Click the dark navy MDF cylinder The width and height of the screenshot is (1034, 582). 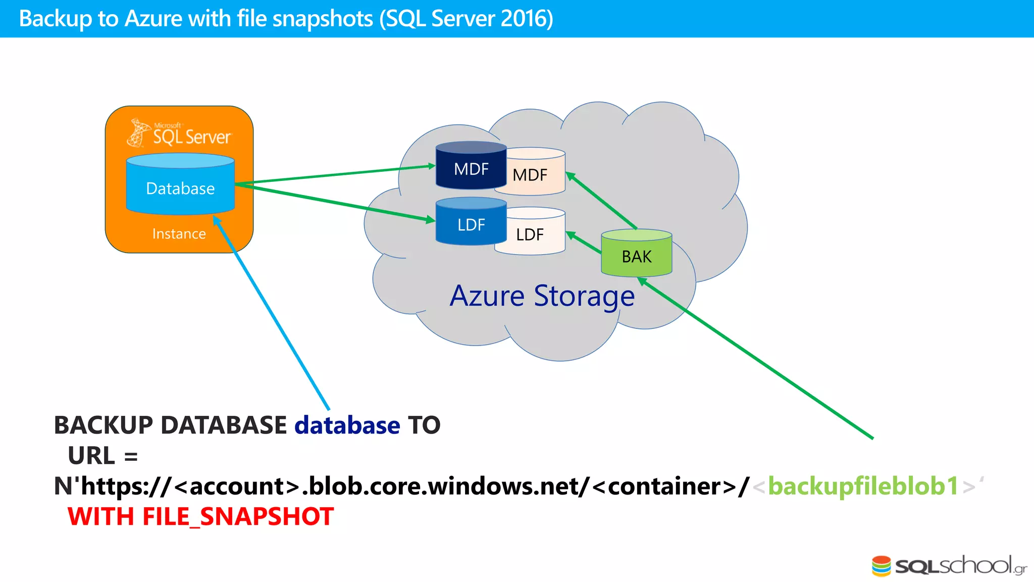[471, 167]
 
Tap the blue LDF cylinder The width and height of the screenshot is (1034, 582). [471, 223]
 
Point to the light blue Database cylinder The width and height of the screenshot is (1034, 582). [180, 187]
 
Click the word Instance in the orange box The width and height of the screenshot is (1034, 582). [179, 233]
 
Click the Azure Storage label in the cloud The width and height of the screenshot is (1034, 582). [542, 296]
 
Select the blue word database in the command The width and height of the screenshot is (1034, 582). [347, 425]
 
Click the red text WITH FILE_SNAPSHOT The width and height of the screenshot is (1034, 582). [200, 516]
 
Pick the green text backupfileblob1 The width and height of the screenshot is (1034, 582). [863, 486]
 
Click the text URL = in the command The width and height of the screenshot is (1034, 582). [102, 456]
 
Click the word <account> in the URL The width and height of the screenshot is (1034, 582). [237, 486]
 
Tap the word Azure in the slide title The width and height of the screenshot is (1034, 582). [153, 19]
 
